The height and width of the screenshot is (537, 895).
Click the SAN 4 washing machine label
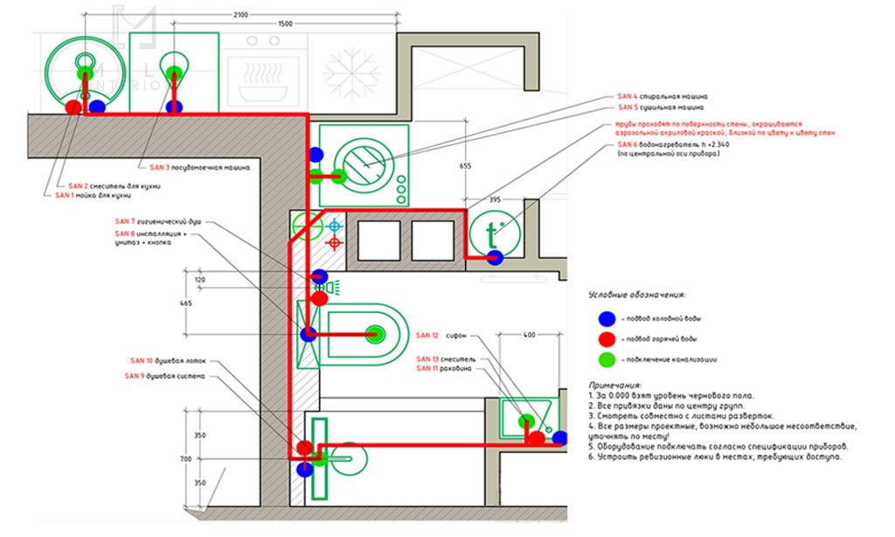[x=662, y=96]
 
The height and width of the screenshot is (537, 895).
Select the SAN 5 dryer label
[x=662, y=109]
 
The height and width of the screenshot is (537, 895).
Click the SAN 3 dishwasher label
[x=200, y=166]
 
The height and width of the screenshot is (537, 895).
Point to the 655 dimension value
[x=466, y=165]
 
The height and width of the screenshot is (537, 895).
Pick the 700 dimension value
[x=199, y=458]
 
